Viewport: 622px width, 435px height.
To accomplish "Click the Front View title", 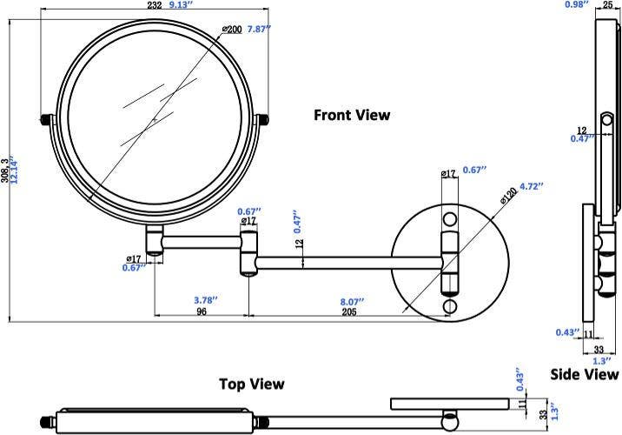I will (352, 115).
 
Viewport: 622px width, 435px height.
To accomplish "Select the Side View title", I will (585, 374).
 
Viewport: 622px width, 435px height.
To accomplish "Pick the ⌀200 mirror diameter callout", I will (231, 29).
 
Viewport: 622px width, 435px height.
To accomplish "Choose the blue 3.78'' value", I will (204, 299).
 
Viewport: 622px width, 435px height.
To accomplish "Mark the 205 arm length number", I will (351, 311).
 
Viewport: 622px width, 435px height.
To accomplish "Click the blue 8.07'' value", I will (351, 300).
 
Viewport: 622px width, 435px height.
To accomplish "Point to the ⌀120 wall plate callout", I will (508, 197).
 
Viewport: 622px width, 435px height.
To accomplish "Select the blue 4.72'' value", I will (531, 185).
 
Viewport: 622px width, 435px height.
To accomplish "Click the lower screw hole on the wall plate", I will (449, 307).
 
